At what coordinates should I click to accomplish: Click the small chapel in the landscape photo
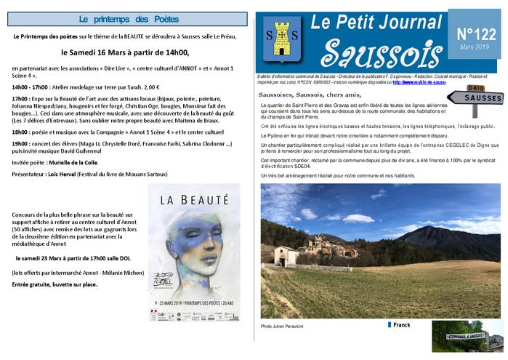coord(287,254)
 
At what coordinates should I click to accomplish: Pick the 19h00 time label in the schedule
coord(22,144)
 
